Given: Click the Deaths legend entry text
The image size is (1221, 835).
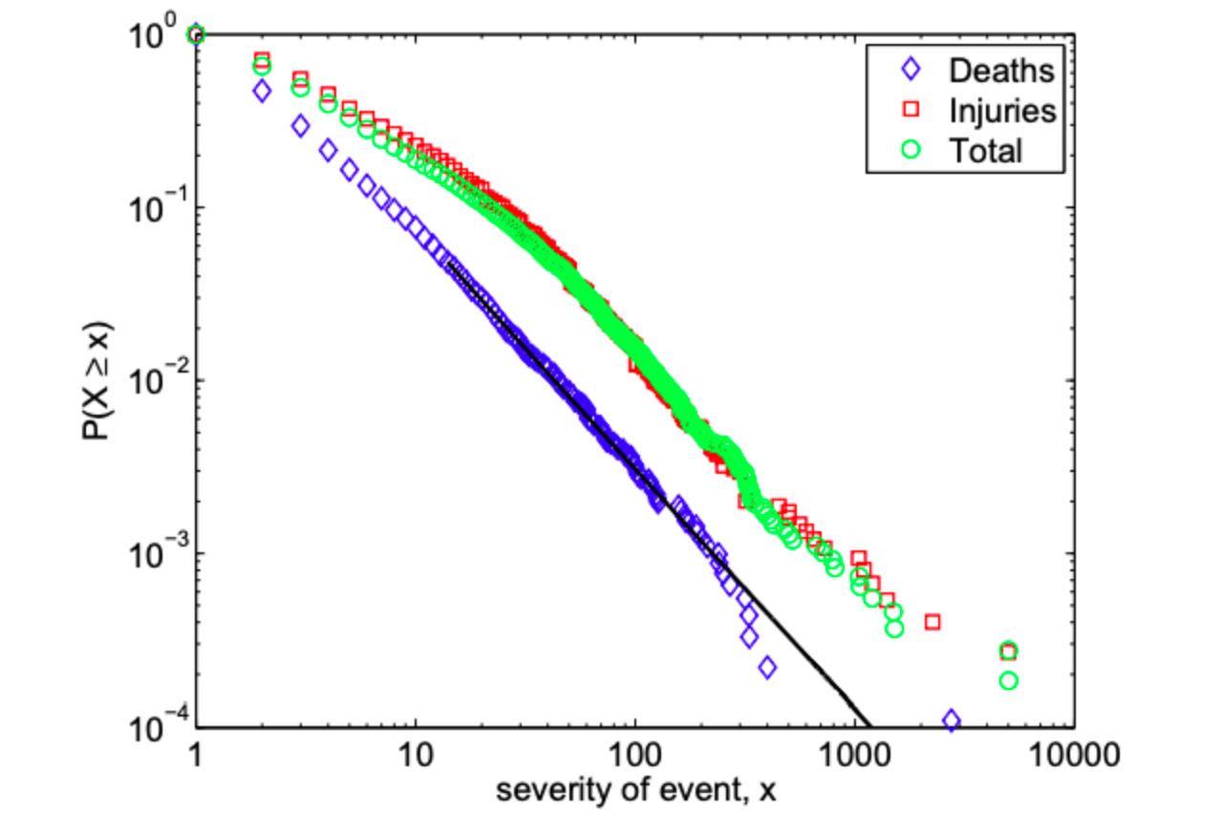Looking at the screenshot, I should pos(1000,70).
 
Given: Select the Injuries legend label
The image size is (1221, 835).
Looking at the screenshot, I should pos(1002,111).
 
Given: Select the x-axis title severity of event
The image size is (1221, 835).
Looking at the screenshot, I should pos(634,792).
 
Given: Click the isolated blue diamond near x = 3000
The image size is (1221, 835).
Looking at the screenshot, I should pos(952,720).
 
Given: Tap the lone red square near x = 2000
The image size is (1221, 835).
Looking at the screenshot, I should pos(932,622).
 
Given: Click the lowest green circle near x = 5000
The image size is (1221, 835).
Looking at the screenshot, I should pos(1008,680).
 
